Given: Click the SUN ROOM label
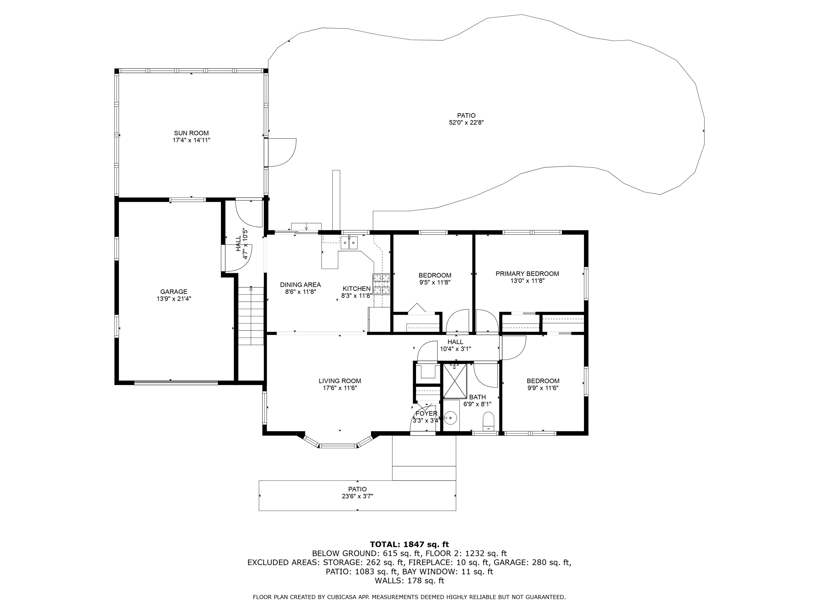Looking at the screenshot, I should pos(191,133).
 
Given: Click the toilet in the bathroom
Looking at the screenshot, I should pos(488,422).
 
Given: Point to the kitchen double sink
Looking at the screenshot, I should pos(349,243).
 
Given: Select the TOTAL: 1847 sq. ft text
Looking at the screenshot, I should pos(409,544).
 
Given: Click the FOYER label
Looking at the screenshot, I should pos(426,413).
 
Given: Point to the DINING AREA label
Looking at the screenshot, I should pos(300,285).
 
